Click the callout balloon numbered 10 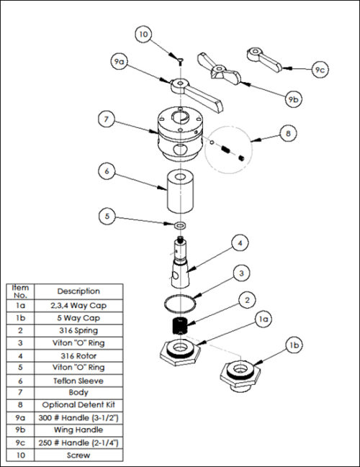point(143,34)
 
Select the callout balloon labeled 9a point(120,63)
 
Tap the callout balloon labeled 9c point(319,70)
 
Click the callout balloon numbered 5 point(108,214)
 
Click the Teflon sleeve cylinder point(179,191)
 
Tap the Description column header point(79,291)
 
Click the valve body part point(179,133)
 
